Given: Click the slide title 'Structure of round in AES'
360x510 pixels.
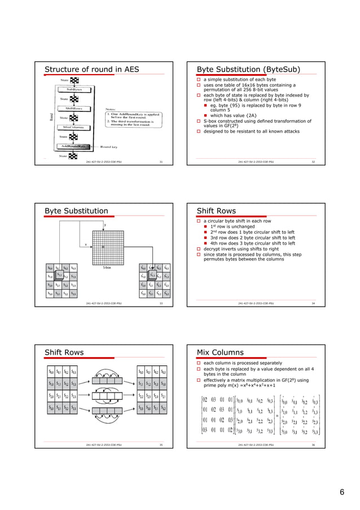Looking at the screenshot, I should [x=91, y=69].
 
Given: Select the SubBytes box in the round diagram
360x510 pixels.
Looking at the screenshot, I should [x=76, y=89].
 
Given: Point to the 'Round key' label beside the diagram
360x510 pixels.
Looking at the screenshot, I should [x=109, y=146].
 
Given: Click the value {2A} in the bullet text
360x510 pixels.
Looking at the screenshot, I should [x=252, y=116].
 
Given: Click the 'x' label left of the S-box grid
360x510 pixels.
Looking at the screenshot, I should [x=85, y=245].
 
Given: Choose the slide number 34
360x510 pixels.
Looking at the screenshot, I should [x=313, y=303].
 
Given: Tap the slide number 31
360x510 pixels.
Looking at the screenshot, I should [x=161, y=162].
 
